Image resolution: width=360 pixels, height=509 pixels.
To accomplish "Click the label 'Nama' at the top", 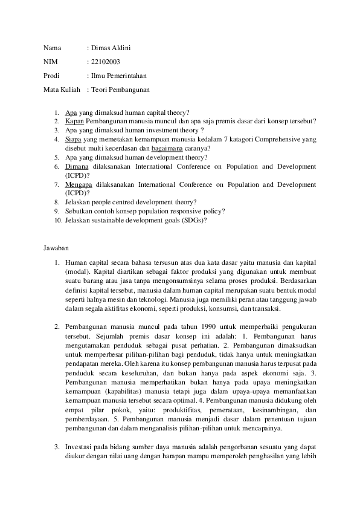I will [x=52, y=48].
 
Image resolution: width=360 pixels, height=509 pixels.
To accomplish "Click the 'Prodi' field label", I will [x=52, y=76].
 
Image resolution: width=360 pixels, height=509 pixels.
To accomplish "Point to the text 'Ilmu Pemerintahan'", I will [x=118, y=76].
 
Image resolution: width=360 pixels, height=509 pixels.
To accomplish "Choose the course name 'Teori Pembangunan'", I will [x=120, y=89].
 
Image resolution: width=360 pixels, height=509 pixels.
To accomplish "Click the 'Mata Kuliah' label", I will [x=62, y=89].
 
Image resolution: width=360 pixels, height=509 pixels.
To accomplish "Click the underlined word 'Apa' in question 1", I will [x=70, y=112].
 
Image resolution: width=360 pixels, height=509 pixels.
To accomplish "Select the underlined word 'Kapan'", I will [x=74, y=122].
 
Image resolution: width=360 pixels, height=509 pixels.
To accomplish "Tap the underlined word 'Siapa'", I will [x=73, y=139].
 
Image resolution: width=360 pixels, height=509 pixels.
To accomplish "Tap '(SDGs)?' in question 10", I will [x=195, y=220].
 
